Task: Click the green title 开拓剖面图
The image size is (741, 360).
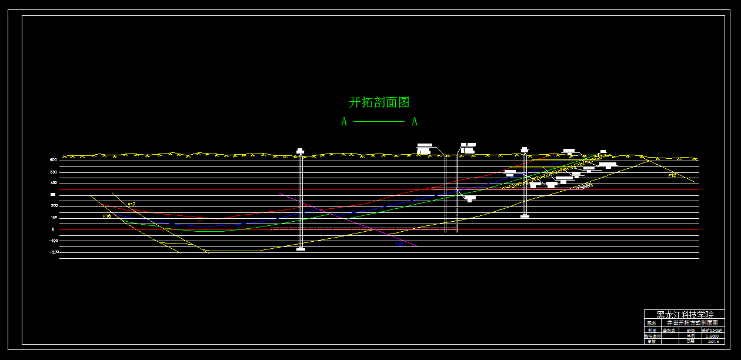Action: pyautogui.click(x=379, y=102)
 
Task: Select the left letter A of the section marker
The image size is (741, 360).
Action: pyautogui.click(x=344, y=122)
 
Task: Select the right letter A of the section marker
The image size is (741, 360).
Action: pyautogui.click(x=415, y=122)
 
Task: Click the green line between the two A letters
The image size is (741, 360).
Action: pyautogui.click(x=379, y=122)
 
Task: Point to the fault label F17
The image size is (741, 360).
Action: pyautogui.click(x=132, y=205)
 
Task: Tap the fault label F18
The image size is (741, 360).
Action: pyautogui.click(x=107, y=216)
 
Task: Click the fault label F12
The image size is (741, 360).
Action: pyautogui.click(x=672, y=176)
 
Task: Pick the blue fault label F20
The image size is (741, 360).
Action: pyautogui.click(x=400, y=243)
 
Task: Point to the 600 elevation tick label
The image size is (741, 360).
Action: pyautogui.click(x=53, y=159)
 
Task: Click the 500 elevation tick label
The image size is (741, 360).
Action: pyautogui.click(x=53, y=172)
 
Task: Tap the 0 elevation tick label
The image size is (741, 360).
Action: pyautogui.click(x=53, y=229)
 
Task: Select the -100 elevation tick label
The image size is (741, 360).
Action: pyautogui.click(x=53, y=241)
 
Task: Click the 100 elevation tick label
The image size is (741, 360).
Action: pyautogui.click(x=53, y=218)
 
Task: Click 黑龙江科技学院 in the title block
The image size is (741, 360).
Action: pyautogui.click(x=684, y=315)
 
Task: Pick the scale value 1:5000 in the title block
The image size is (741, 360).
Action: pyautogui.click(x=712, y=336)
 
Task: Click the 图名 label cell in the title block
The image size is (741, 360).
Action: pyautogui.click(x=651, y=323)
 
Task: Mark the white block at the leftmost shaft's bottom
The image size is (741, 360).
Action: pyautogui.click(x=301, y=249)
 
